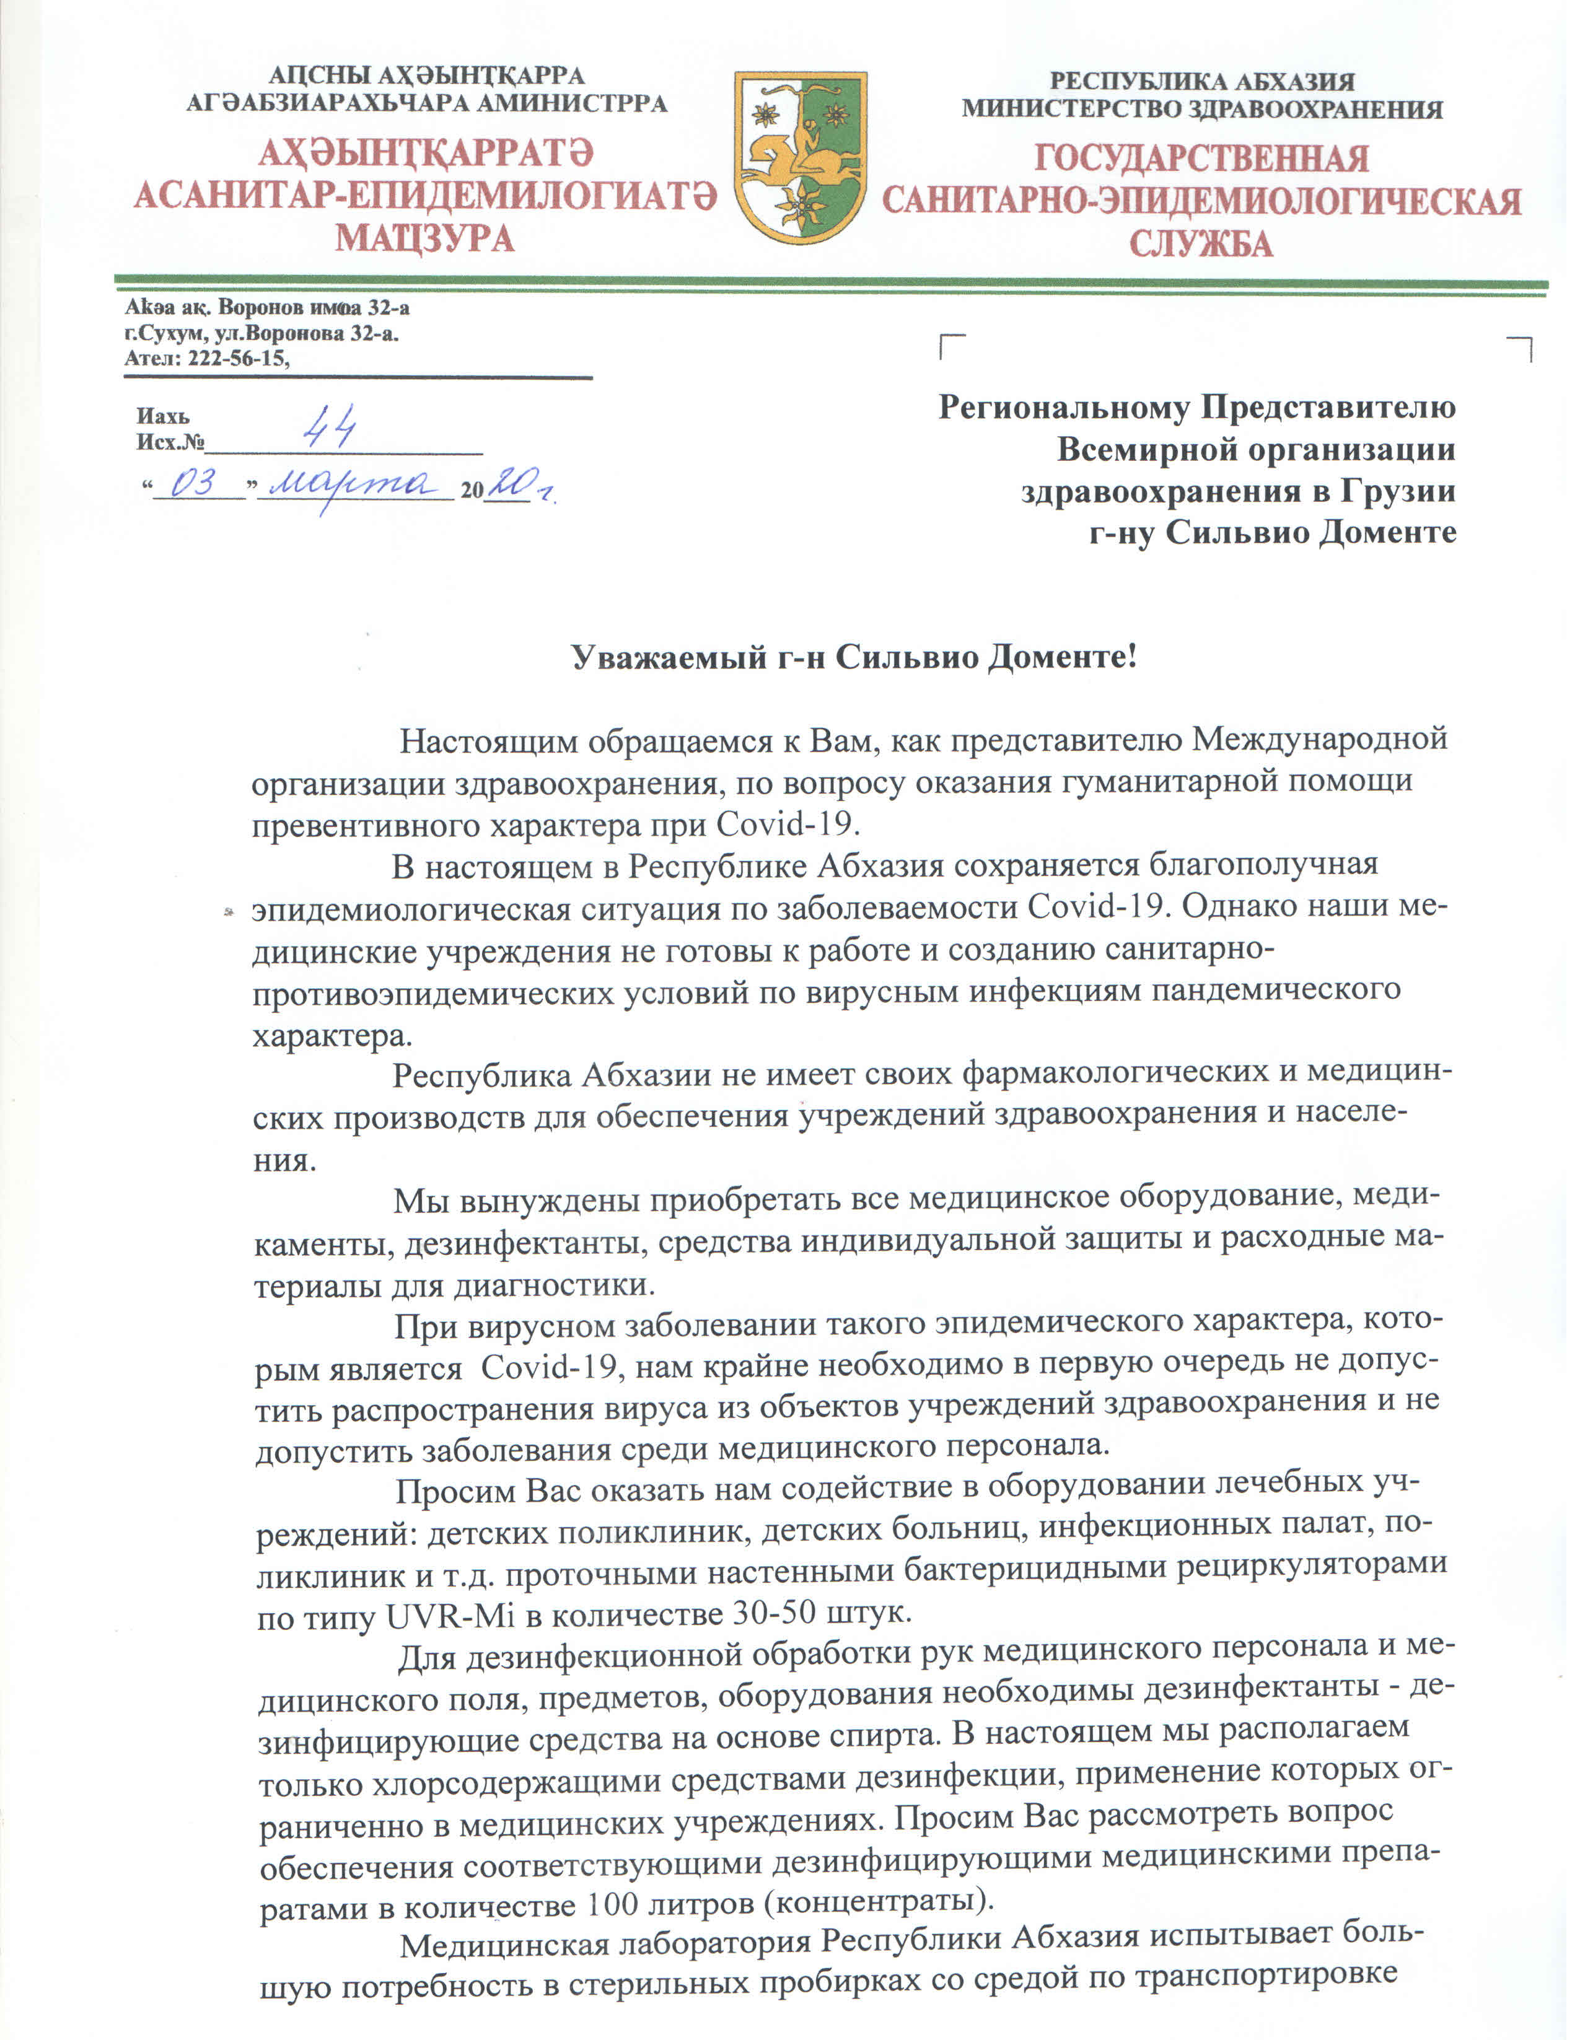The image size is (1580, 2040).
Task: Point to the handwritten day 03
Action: pyautogui.click(x=196, y=484)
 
